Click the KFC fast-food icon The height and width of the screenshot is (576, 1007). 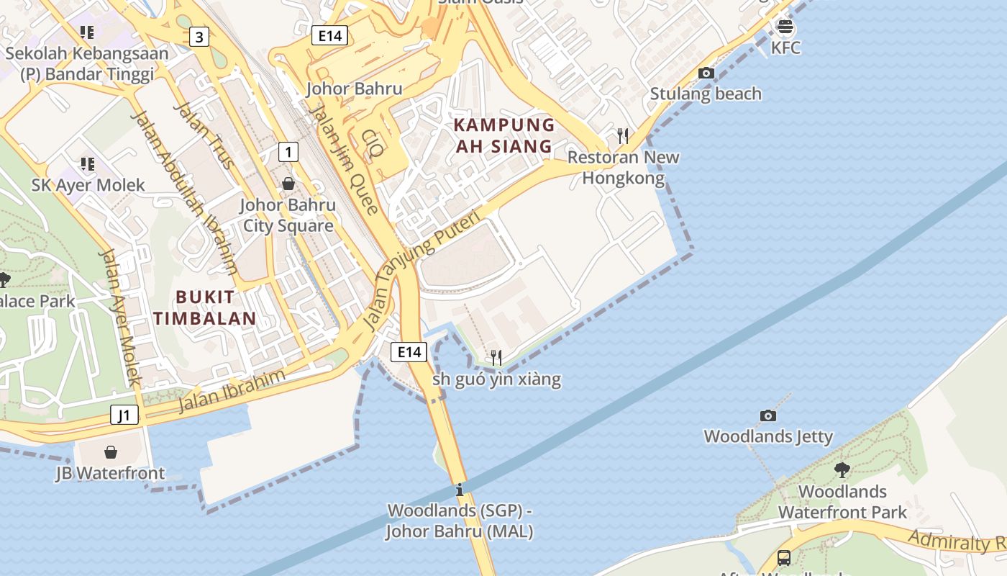pos(785,28)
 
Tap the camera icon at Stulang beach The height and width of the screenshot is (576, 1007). pos(706,73)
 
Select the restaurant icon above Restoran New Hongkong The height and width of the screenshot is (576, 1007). pos(623,135)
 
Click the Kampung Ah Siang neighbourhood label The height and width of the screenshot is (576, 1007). pos(504,135)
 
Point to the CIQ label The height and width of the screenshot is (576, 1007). pos(373,144)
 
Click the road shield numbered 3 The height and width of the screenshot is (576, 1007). pos(199,37)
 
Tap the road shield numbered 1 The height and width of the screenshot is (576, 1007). pos(288,152)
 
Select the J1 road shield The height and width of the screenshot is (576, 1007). pos(124,415)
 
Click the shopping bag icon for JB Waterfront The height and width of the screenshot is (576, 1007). pos(111,452)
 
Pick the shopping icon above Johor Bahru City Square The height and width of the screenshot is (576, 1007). pos(288,184)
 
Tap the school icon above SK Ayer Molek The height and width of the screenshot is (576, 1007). pos(87,164)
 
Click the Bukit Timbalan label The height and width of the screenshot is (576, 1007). pos(205,307)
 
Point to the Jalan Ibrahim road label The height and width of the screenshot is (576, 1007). pos(232,392)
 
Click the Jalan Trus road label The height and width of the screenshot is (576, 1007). pos(204,135)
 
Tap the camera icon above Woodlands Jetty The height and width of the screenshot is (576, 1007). pos(768,415)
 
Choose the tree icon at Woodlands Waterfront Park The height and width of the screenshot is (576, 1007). pos(842,470)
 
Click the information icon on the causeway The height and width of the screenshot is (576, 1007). pos(460,490)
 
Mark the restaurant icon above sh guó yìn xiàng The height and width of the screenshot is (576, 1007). pos(496,357)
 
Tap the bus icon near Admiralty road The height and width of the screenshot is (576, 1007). pos(784,557)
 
